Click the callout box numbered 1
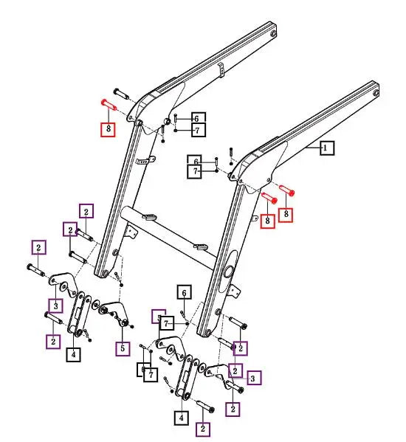coord(326,148)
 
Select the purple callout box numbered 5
coord(122,348)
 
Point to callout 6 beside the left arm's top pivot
coord(198,118)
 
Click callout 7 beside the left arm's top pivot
coord(198,131)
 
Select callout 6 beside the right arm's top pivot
coord(195,160)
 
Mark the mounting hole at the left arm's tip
coord(274,34)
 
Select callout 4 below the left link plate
coord(75,355)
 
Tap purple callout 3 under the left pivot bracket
coord(55,305)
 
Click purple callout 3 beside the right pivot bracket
coord(252,379)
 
